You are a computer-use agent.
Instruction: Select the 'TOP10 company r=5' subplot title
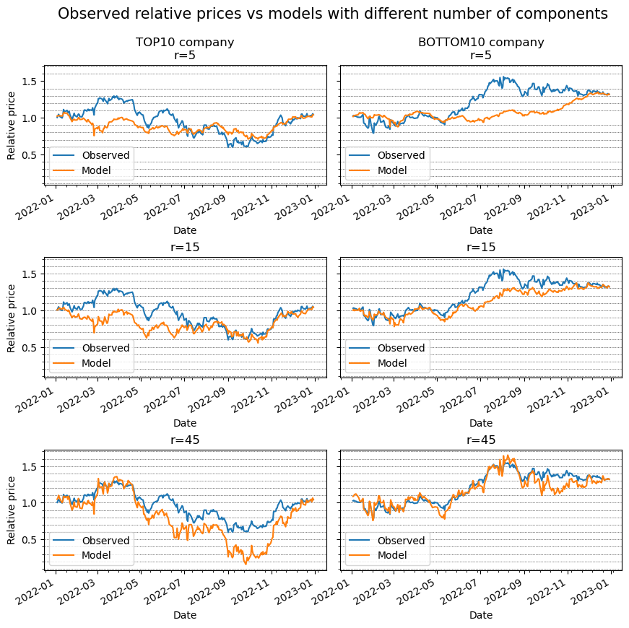point(185,48)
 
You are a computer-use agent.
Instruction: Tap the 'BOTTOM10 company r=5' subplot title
point(481,48)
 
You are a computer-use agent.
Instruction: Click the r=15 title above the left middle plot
point(185,247)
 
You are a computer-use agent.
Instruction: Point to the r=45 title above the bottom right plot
point(481,440)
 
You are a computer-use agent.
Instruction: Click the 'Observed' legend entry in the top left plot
point(105,155)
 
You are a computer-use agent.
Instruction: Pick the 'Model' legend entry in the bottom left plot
point(97,556)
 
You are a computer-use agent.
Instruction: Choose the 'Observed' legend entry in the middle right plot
point(402,348)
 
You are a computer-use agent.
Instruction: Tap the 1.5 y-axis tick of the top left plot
point(30,82)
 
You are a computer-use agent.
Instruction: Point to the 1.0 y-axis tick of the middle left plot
point(30,310)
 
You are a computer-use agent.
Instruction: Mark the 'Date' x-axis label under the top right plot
point(481,230)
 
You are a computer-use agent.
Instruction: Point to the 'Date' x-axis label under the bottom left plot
point(185,615)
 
